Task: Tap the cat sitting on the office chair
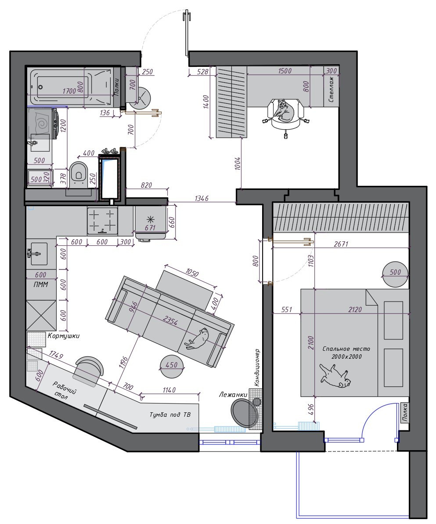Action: click(x=284, y=111)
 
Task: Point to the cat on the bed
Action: click(x=335, y=376)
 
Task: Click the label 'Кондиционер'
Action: click(x=258, y=368)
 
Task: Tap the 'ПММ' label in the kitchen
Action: click(x=41, y=284)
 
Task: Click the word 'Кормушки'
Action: click(x=64, y=336)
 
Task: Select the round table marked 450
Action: click(x=172, y=365)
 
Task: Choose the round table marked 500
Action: click(x=395, y=273)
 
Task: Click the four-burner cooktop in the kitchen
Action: click(x=103, y=220)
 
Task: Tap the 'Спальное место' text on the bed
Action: click(x=346, y=349)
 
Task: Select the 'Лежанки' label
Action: click(x=233, y=395)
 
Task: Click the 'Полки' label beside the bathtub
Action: click(x=117, y=87)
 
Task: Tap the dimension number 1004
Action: click(x=238, y=164)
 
